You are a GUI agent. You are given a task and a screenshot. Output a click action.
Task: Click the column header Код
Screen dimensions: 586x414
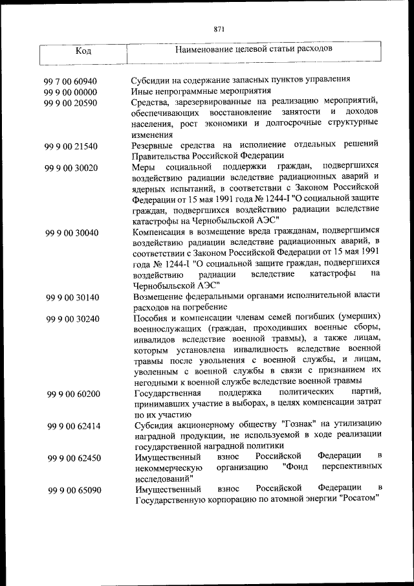coord(83,51)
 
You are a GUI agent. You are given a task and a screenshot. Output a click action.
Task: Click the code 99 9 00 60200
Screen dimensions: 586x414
coord(74,394)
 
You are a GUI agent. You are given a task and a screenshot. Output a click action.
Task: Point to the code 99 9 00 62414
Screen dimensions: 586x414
coord(74,427)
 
